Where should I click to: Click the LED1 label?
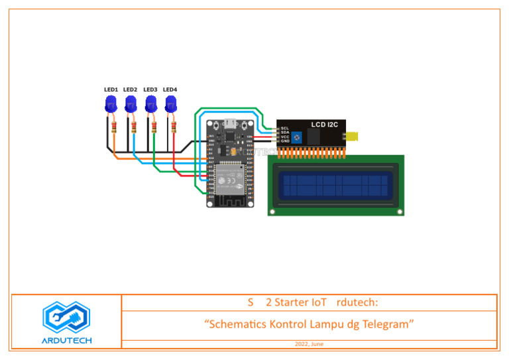(111, 90)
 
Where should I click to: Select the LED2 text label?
(130, 90)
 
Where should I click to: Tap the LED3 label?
(150, 90)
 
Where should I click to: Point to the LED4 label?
(170, 90)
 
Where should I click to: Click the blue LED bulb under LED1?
(111, 103)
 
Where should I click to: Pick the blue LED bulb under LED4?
(170, 103)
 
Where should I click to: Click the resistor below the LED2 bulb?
(135, 126)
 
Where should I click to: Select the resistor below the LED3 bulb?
(154, 126)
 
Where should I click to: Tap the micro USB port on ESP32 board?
(231, 123)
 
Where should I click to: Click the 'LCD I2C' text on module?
(325, 125)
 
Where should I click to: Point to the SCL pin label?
(284, 128)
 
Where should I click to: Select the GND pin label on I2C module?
(284, 141)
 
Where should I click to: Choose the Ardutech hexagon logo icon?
(66, 318)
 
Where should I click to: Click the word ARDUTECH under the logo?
(66, 341)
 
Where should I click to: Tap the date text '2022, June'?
(310, 345)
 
